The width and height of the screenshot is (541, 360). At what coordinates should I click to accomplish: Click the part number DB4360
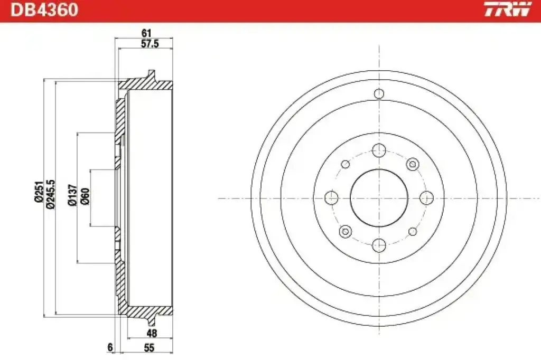point(44,10)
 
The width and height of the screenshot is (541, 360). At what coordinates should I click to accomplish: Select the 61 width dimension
point(147,33)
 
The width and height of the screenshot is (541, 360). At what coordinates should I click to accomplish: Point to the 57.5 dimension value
point(150,44)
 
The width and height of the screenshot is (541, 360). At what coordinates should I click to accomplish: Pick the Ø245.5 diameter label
point(50,194)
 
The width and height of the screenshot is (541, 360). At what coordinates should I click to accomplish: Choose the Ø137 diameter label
point(72,195)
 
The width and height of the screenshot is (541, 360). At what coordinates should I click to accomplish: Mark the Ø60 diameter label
point(85,196)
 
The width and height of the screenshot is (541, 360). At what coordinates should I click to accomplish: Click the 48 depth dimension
point(152,333)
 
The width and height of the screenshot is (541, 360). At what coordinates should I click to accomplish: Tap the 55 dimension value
point(149,347)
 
